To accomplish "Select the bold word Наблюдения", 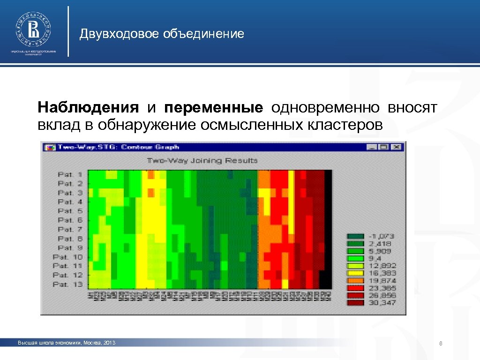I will click(x=88, y=108).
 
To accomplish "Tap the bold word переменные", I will click(x=213, y=108).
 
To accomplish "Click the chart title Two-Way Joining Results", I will click(x=202, y=160).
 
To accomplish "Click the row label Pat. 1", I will click(x=70, y=174).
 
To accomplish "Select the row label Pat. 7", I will click(x=70, y=229).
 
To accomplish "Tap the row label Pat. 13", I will click(x=68, y=284).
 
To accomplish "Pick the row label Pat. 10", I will click(x=68, y=257).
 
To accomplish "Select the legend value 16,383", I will click(x=382, y=273).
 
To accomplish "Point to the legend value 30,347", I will click(x=382, y=303).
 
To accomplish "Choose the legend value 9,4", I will click(x=375, y=258).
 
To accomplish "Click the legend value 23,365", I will click(x=382, y=288).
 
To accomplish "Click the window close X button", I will click(x=397, y=147).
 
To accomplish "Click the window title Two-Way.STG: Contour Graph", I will click(x=118, y=147).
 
